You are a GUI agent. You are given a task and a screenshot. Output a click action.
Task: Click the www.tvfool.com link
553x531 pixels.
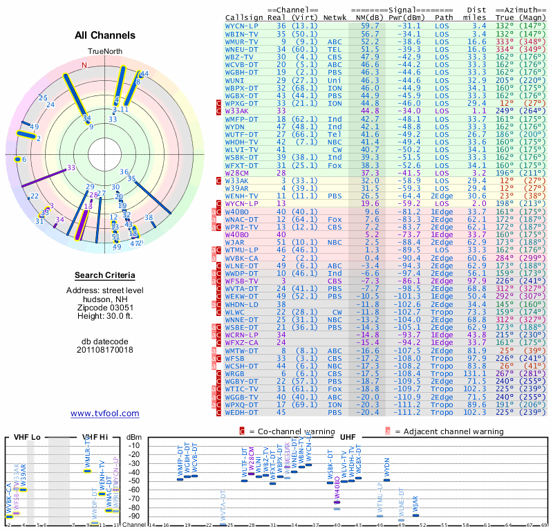(105, 413)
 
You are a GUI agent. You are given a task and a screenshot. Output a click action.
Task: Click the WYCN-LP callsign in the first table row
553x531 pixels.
(242, 26)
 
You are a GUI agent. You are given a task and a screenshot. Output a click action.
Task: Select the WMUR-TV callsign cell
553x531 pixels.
(242, 41)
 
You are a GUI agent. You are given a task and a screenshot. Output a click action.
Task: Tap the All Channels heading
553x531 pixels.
(104, 35)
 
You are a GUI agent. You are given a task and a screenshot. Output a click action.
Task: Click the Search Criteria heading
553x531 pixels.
(105, 275)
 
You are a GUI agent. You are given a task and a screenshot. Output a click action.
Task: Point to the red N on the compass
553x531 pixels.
(84, 66)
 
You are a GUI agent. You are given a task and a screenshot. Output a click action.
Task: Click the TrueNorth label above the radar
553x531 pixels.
(104, 52)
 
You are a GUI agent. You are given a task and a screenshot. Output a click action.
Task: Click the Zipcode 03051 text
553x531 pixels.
(105, 308)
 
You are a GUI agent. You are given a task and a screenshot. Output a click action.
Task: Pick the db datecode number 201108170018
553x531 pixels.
(105, 350)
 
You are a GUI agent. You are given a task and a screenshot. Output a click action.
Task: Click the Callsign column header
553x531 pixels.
(243, 17)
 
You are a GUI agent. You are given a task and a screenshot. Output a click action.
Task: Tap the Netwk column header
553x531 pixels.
(335, 17)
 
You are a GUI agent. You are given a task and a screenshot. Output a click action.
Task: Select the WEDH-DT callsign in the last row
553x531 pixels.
(242, 413)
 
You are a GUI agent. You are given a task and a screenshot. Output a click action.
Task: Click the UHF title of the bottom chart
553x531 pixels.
(348, 437)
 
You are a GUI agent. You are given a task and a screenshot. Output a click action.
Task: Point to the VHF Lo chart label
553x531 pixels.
(26, 437)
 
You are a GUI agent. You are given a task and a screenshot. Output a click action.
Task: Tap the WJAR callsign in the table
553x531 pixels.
(235, 243)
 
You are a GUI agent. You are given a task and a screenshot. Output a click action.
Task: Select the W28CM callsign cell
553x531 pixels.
(237, 173)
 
